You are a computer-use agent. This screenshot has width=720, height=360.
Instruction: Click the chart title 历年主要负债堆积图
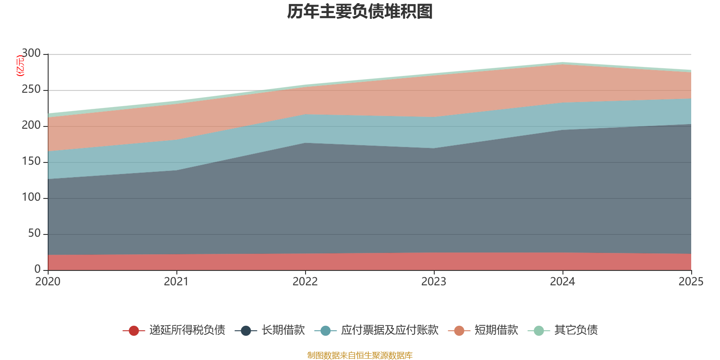click(x=360, y=12)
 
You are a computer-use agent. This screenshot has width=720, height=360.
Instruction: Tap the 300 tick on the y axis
click(x=31, y=54)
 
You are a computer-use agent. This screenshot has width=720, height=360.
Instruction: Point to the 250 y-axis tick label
click(x=31, y=90)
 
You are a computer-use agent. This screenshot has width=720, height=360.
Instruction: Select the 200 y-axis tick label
click(x=31, y=126)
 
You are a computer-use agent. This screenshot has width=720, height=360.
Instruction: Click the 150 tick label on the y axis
click(x=31, y=162)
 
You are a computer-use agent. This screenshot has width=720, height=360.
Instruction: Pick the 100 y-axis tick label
click(x=31, y=198)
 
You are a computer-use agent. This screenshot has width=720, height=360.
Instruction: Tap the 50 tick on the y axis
click(x=34, y=234)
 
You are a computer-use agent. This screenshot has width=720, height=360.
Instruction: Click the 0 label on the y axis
click(x=37, y=269)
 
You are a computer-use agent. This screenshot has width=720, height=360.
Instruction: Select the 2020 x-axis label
click(x=48, y=282)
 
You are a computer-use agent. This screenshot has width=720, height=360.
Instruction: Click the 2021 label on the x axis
click(x=176, y=282)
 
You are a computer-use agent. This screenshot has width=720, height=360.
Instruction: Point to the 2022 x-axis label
click(x=305, y=282)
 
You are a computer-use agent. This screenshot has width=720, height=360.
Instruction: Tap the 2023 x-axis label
click(x=434, y=282)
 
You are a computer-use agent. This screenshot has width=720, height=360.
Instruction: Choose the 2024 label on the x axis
click(x=562, y=282)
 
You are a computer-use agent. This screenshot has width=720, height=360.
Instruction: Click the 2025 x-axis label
click(x=691, y=282)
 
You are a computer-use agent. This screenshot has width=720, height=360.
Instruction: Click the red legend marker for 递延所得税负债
click(x=134, y=331)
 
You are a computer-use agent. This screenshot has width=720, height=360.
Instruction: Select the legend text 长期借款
click(x=283, y=330)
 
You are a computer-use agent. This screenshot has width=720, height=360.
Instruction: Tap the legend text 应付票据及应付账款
click(x=390, y=330)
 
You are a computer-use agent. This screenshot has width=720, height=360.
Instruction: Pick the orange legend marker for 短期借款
click(x=459, y=331)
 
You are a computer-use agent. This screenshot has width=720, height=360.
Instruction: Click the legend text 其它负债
click(x=576, y=330)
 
